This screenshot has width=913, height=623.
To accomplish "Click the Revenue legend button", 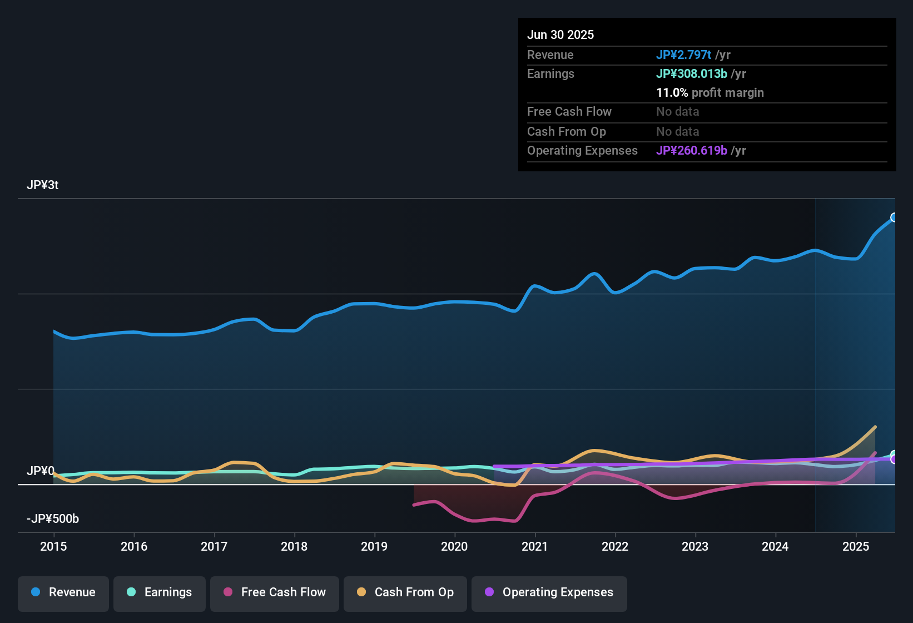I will [x=63, y=593].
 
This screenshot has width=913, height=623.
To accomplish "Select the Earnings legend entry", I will [x=160, y=593].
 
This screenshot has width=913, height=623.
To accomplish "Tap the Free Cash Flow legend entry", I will [x=275, y=593].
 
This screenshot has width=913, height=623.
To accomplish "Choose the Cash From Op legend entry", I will [x=405, y=593].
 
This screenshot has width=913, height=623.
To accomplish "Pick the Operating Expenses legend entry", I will [x=549, y=593].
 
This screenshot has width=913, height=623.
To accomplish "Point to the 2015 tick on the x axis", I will [x=53, y=546].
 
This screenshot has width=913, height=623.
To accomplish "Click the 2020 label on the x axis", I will [x=454, y=546].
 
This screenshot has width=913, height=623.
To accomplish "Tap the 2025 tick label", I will [x=855, y=546].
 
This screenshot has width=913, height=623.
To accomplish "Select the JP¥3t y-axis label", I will [x=43, y=185].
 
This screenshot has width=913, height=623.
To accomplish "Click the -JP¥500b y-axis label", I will [x=53, y=519].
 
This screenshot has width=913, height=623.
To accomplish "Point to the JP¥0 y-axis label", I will [x=41, y=471].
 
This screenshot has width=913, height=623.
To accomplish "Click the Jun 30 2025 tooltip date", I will [x=560, y=35].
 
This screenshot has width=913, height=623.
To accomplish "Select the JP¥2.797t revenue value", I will [x=683, y=55].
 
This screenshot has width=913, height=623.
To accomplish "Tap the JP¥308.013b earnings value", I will [x=692, y=74].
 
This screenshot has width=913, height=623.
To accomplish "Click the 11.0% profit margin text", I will [x=710, y=93].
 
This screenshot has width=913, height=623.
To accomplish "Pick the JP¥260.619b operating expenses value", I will [x=692, y=151].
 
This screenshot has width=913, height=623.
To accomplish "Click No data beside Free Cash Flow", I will [x=677, y=112].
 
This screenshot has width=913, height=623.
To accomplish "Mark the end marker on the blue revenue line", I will [x=894, y=217].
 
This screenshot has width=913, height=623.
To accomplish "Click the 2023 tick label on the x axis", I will [x=695, y=546].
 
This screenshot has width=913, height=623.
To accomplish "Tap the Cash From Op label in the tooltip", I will [x=567, y=132].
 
